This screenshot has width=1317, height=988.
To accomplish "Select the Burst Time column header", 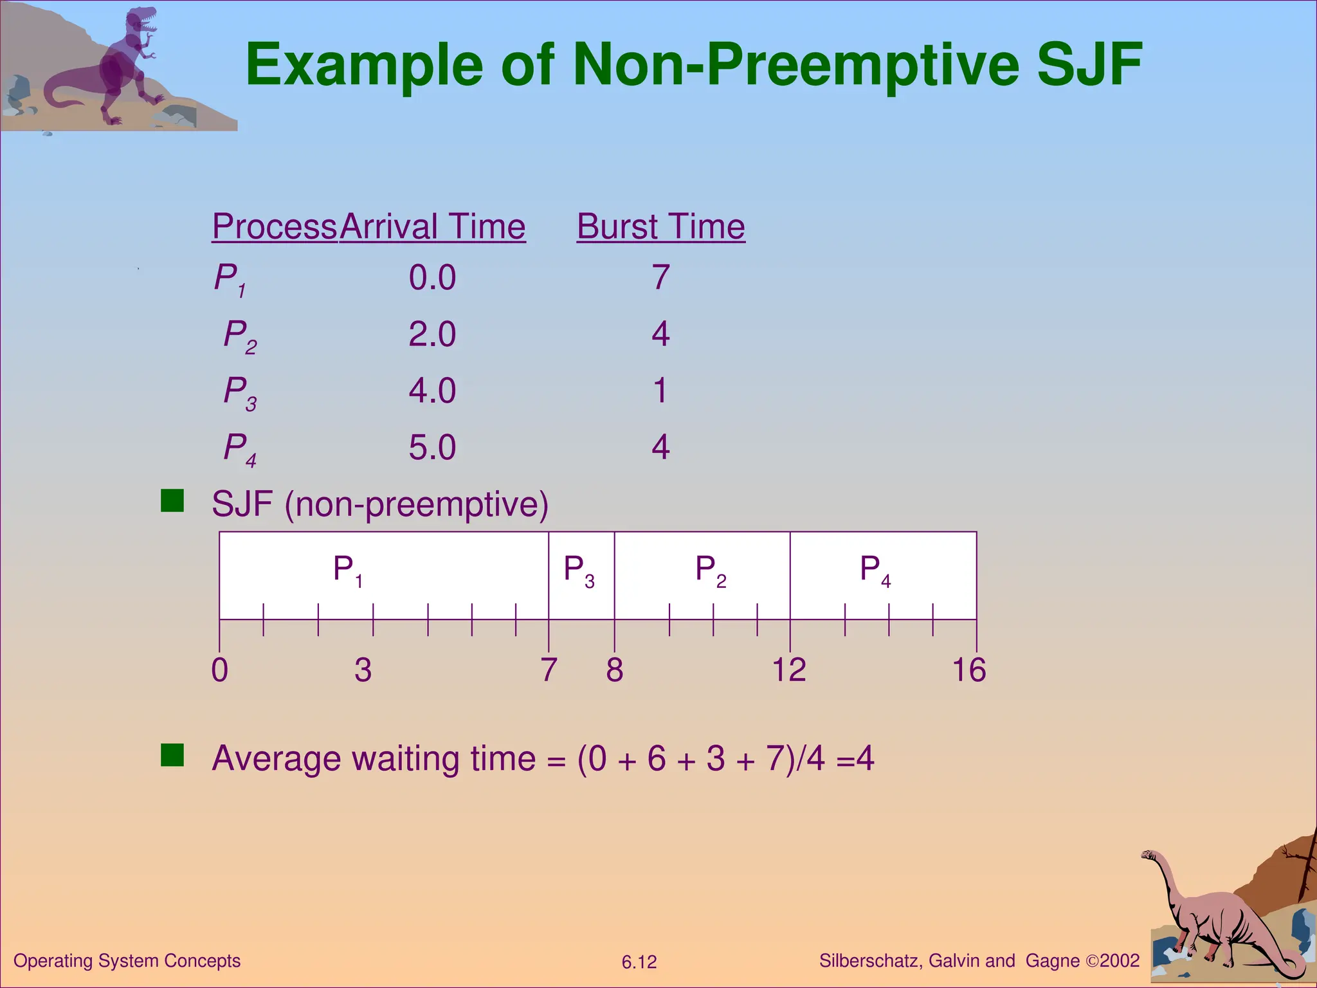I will (x=660, y=226).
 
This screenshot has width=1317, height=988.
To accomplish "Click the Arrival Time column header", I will (x=433, y=226).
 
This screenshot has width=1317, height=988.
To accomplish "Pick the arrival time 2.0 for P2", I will (x=432, y=334).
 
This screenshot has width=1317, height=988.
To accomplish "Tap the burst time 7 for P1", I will (x=661, y=278).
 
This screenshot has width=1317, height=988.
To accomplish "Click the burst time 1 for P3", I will (x=660, y=391).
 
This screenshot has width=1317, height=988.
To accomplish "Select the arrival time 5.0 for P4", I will (x=432, y=448).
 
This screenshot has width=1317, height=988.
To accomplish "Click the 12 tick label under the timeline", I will (x=788, y=670).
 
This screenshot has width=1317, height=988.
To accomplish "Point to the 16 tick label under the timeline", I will (x=968, y=670).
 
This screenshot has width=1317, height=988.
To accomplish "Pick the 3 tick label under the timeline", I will (x=363, y=670).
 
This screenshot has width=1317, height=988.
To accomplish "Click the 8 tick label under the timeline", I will (x=614, y=670).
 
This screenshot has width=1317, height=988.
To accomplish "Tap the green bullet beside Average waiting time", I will (x=172, y=755).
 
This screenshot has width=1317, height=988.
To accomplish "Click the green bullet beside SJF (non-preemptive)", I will (x=172, y=500).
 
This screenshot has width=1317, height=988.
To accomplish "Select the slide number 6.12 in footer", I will (x=639, y=962).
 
